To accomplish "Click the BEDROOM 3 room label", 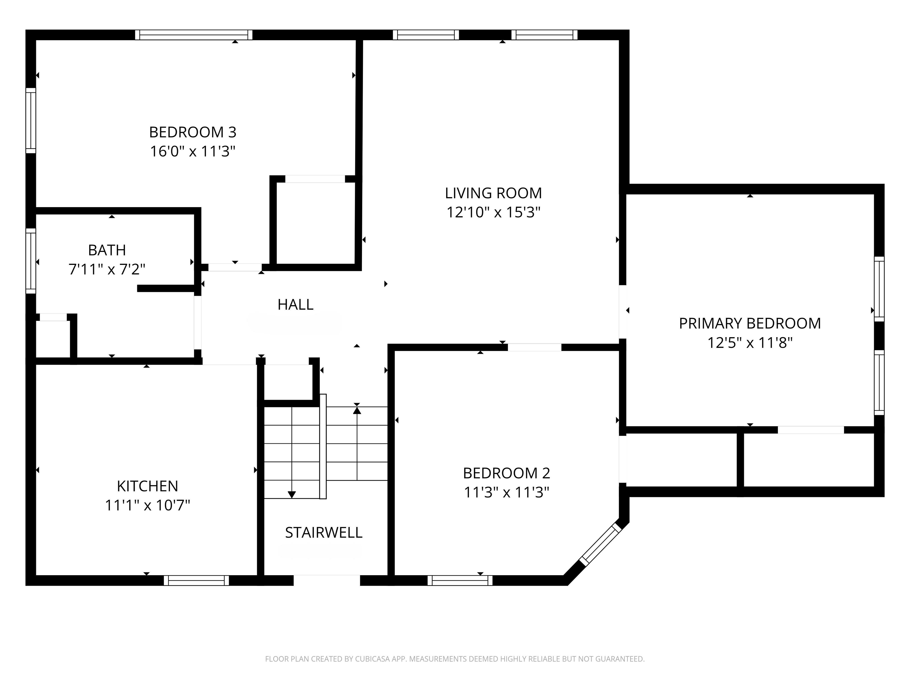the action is click(x=193, y=132).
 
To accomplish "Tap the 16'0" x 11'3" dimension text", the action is click(x=193, y=151).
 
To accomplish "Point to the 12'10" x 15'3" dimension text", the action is click(x=493, y=212).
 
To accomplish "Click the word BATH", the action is click(x=107, y=250).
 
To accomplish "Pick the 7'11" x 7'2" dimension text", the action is click(x=107, y=269).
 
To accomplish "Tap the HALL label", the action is click(x=295, y=305).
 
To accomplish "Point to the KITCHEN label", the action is click(x=147, y=486).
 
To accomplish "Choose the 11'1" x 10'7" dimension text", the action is click(x=147, y=505).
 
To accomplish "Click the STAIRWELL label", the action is click(x=324, y=533).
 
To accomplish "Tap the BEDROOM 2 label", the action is click(x=507, y=473).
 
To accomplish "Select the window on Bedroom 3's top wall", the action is click(x=194, y=35).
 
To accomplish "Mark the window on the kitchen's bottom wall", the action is click(x=196, y=580).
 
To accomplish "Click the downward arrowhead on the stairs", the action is click(x=292, y=495).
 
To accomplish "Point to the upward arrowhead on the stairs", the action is click(x=357, y=410).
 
